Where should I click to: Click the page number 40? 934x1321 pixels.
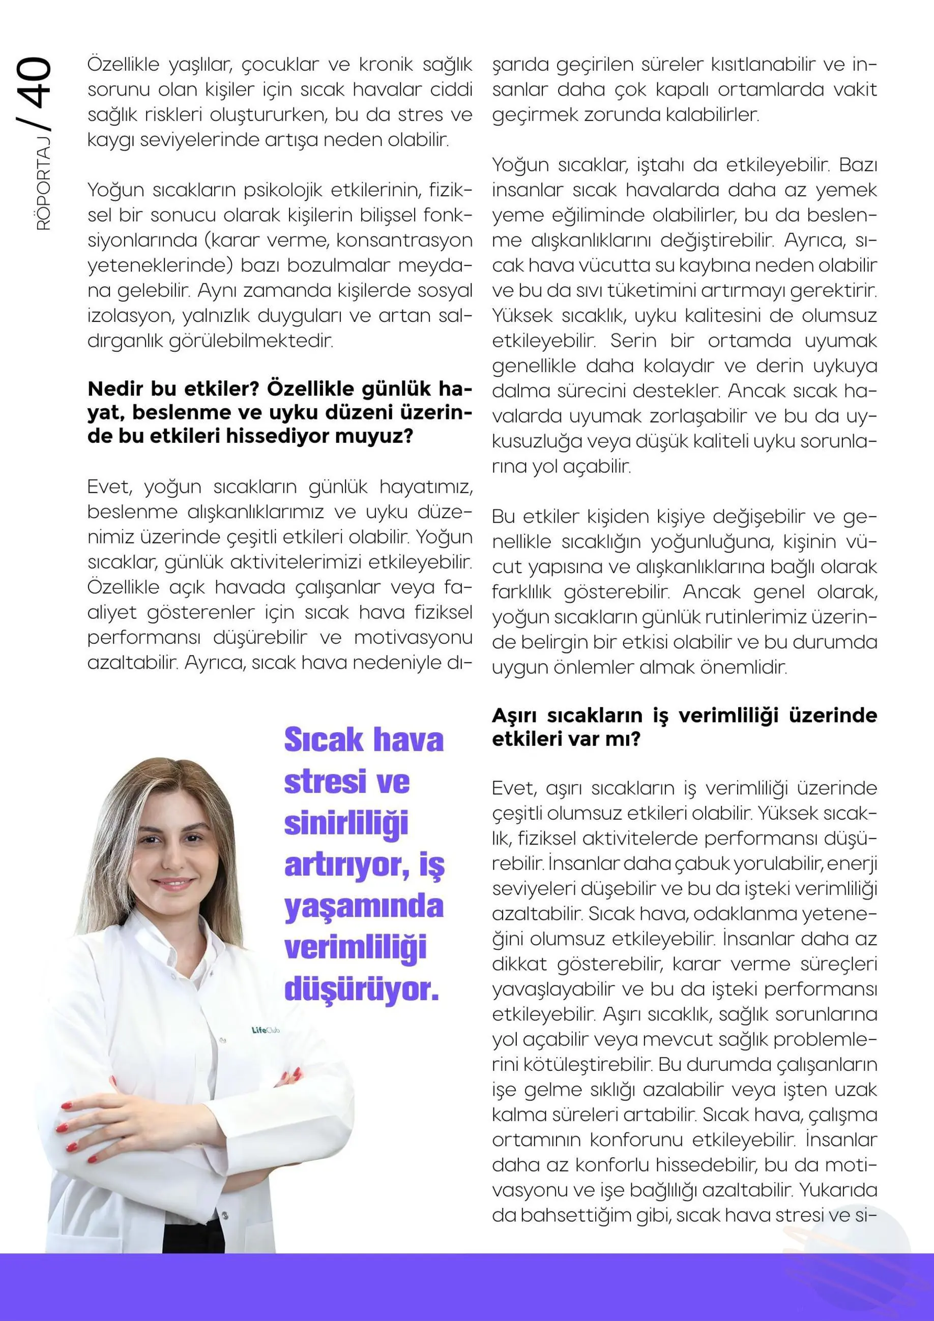35,83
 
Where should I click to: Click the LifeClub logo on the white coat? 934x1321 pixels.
266,1030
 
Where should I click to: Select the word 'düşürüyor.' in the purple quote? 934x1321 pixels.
361,989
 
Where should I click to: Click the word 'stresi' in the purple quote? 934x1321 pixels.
325,782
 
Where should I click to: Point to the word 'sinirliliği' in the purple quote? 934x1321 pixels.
346,823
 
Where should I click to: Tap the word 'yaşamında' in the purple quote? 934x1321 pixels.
364,906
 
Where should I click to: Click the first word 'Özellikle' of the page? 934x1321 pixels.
123,65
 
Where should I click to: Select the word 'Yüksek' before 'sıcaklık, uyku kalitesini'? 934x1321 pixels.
521,316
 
